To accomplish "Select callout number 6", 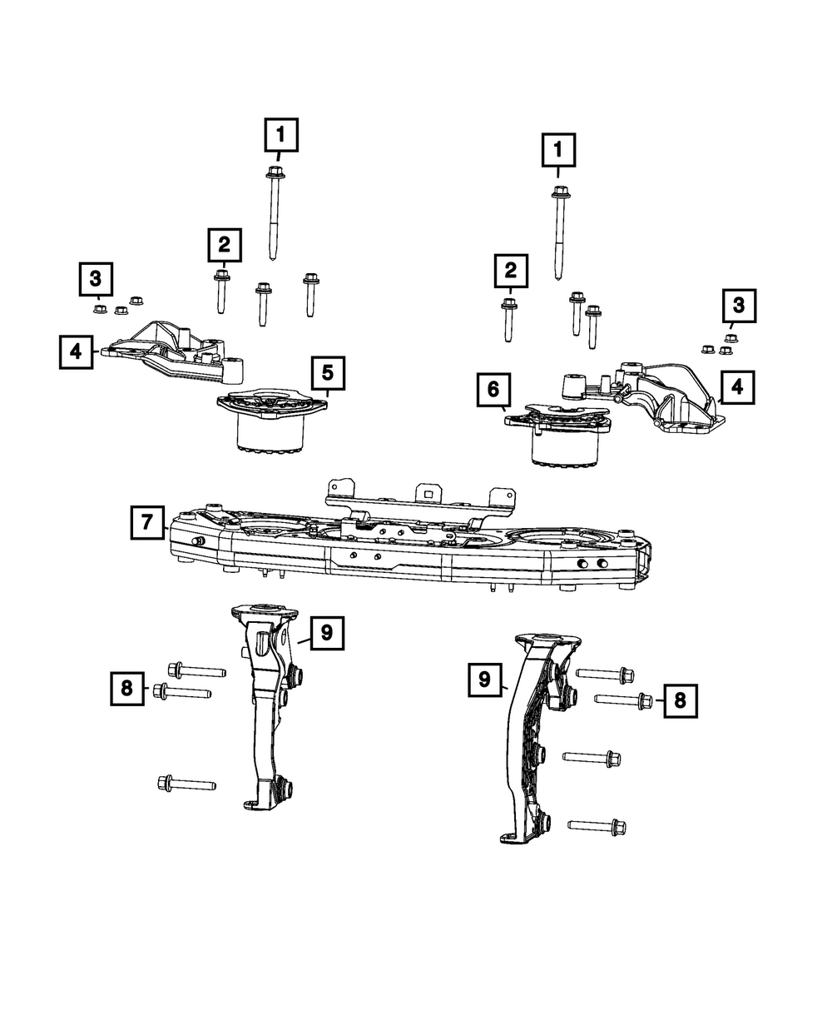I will point(493,389).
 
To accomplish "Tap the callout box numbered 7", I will point(146,523).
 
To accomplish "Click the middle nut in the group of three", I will point(120,311).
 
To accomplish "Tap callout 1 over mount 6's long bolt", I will point(559,151).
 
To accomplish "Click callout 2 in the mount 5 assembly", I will point(224,245).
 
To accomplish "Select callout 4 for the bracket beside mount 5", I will point(76,351).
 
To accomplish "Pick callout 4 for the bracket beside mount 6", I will point(738,387).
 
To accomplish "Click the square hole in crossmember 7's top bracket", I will point(428,493).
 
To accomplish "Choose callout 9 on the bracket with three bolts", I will point(326,633).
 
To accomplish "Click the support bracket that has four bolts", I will point(532,733).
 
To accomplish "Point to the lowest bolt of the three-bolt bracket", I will point(186,783).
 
